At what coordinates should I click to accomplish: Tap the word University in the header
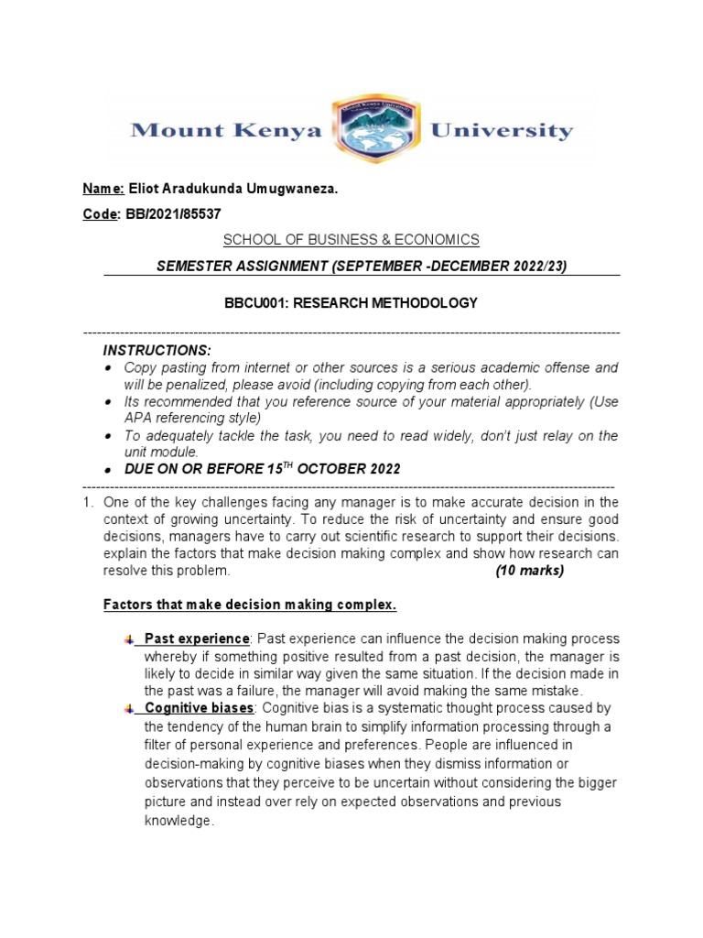(x=502, y=130)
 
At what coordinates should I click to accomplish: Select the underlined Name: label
(x=104, y=189)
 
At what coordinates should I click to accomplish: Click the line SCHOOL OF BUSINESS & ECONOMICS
(x=351, y=239)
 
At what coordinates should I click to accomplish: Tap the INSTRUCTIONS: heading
(x=157, y=351)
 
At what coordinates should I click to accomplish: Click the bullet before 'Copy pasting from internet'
(x=108, y=367)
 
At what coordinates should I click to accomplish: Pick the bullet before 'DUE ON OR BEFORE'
(x=108, y=469)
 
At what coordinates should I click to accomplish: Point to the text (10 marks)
(x=529, y=570)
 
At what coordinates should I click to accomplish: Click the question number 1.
(x=87, y=502)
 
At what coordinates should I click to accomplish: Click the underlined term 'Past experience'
(x=196, y=638)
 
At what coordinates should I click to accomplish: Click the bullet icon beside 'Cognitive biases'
(x=129, y=708)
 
